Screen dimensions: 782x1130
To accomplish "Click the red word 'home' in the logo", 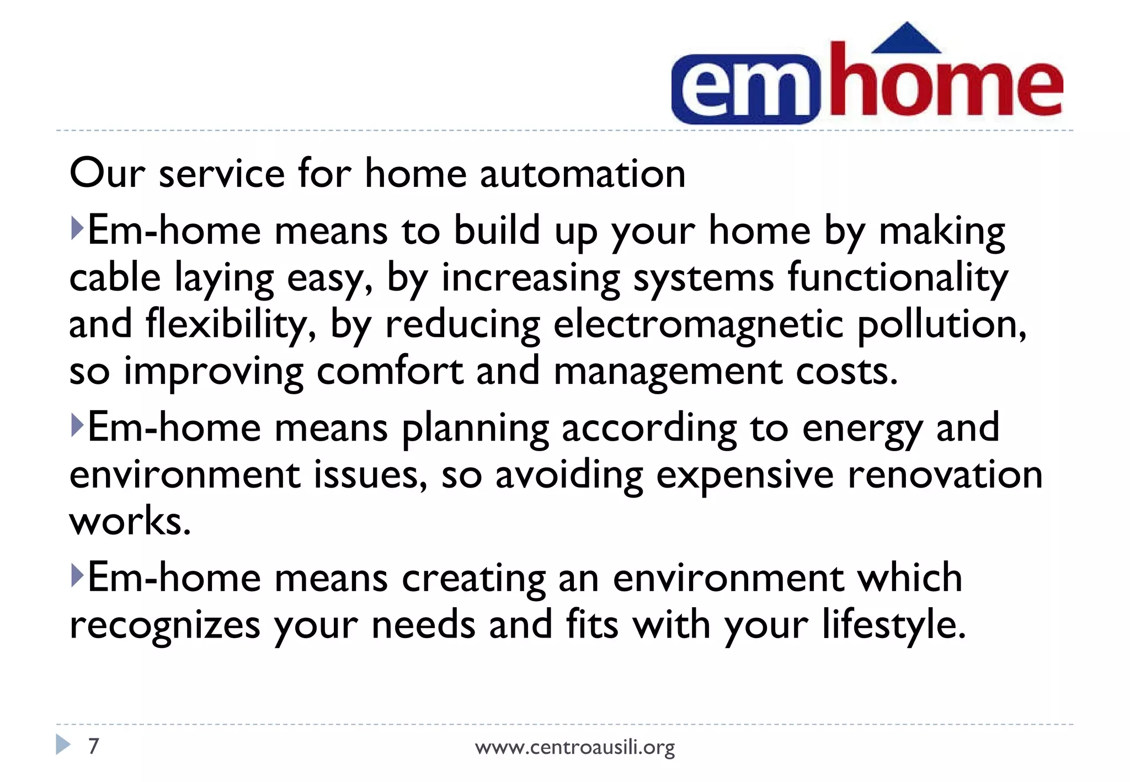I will [946, 83].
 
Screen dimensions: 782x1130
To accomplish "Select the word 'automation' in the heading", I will [583, 174].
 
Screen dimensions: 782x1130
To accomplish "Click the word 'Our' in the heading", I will [107, 174].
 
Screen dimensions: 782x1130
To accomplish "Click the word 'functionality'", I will [898, 277].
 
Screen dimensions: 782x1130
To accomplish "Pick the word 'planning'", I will [475, 429].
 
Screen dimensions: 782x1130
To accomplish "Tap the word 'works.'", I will [130, 521].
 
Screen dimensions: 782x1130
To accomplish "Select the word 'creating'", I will [473, 579].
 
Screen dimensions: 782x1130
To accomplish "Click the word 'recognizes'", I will [165, 625].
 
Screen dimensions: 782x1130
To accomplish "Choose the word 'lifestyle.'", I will [894, 625].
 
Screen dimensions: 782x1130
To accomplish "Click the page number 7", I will [94, 746].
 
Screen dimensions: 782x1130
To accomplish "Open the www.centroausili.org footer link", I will [574, 747].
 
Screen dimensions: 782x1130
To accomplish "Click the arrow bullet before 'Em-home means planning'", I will [77, 426].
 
